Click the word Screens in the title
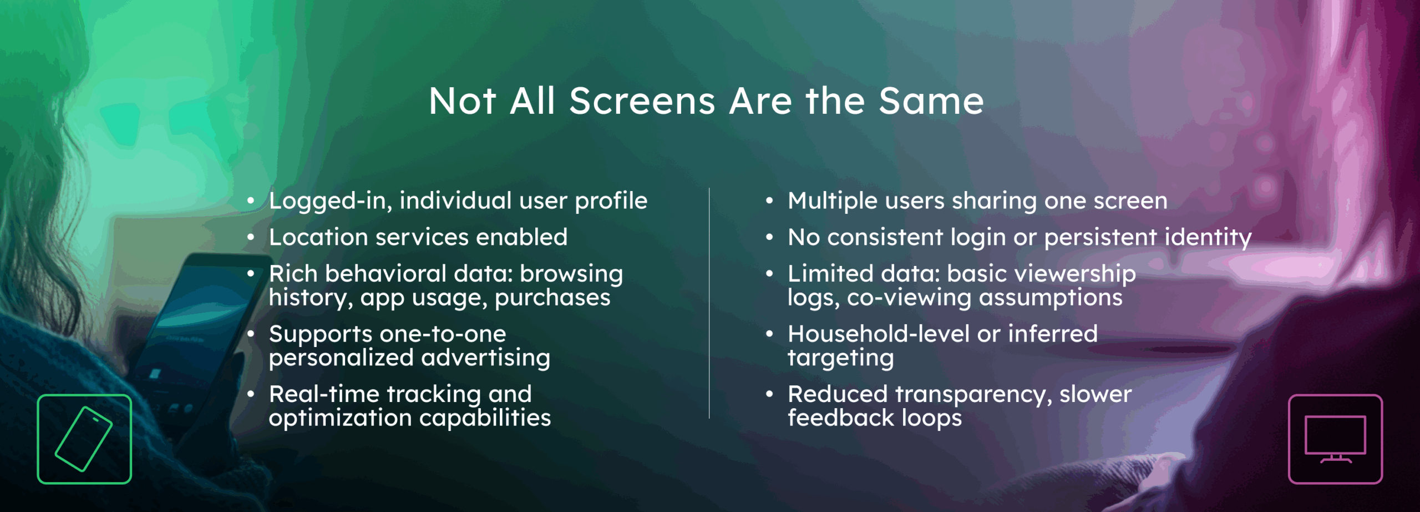(642, 101)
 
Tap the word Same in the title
(931, 101)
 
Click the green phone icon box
(84, 439)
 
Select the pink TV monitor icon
(1335, 439)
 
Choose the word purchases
(552, 298)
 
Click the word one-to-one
(443, 334)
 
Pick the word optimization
(340, 418)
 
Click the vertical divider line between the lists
(709, 303)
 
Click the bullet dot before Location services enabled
(251, 237)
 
